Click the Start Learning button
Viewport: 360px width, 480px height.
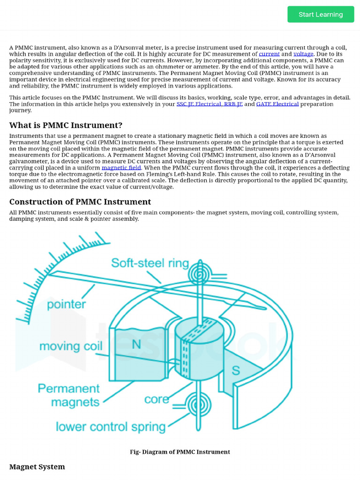(321, 15)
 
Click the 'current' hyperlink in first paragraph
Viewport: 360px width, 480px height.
(269, 54)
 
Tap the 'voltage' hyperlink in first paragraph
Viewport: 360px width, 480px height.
(303, 54)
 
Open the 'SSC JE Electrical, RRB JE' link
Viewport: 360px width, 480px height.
(209, 104)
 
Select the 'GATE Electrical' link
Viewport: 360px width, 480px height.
(277, 104)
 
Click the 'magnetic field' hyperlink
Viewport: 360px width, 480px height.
(121, 168)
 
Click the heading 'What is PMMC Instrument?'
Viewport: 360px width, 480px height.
(66, 125)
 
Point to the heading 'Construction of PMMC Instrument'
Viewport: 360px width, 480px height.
(80, 202)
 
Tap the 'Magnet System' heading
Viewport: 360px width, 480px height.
(37, 466)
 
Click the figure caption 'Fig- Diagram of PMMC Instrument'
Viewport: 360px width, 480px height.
(180, 452)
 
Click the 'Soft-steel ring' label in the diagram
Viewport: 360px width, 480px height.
(150, 263)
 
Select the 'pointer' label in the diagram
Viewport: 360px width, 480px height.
(66, 304)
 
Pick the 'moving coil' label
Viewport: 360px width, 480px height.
(71, 346)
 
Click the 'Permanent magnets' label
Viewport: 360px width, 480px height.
(69, 395)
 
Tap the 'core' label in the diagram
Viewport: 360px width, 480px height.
(157, 399)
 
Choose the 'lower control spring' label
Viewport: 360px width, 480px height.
(111, 427)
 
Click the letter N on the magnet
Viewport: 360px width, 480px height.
(136, 345)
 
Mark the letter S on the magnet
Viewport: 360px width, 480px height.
(236, 370)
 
